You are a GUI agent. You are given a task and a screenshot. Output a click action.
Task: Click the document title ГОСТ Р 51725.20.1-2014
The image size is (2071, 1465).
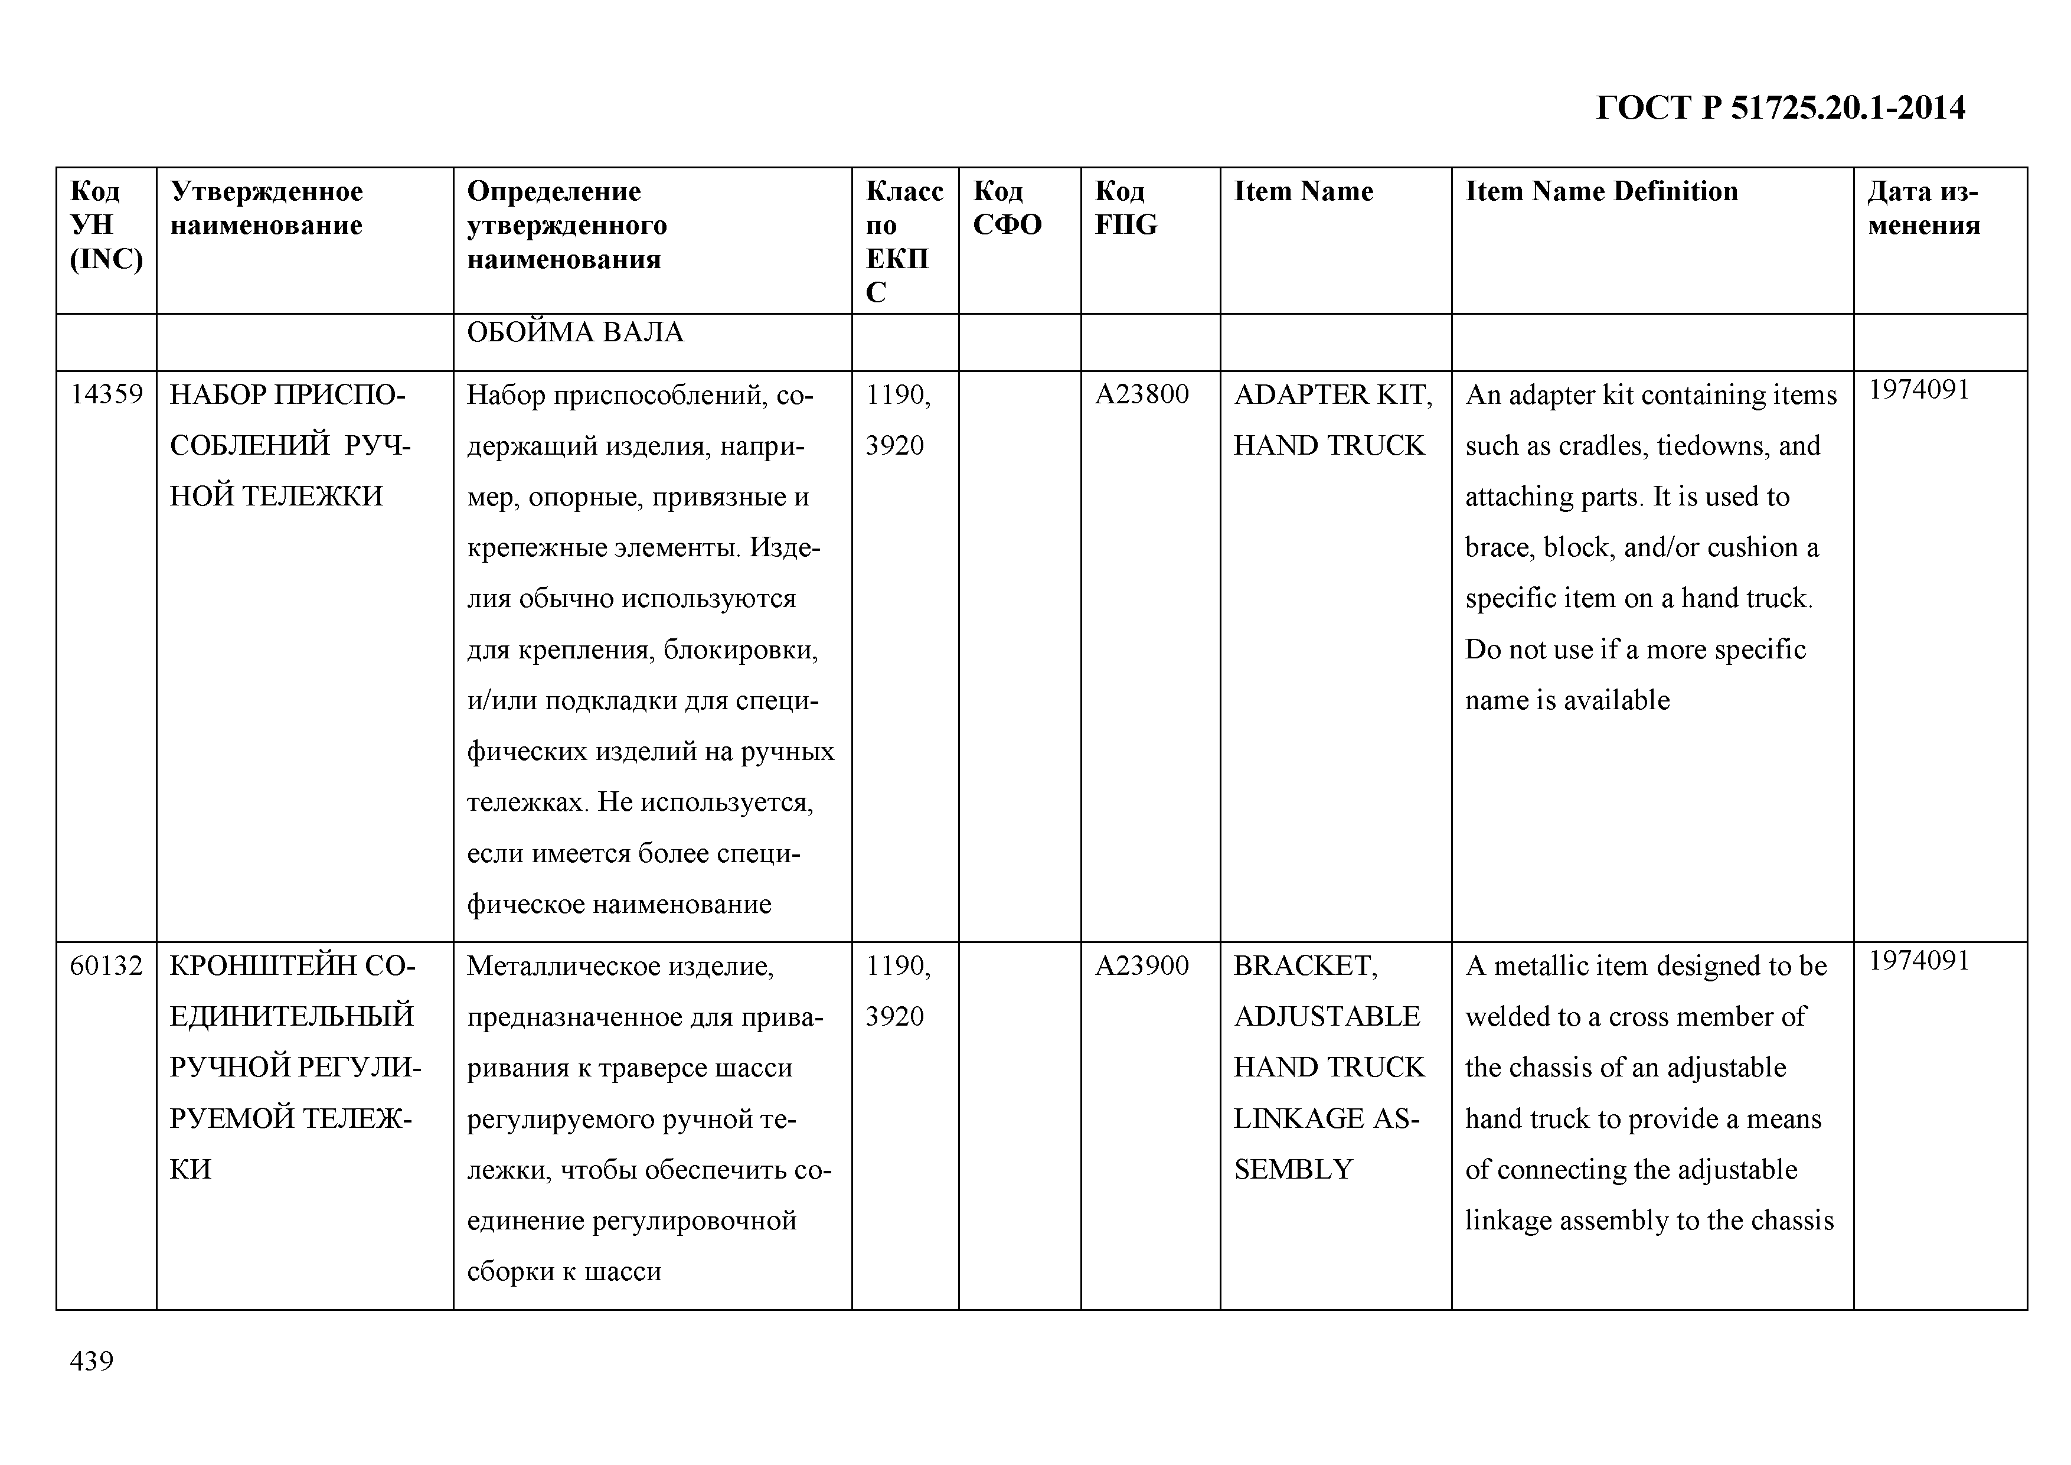point(1779,108)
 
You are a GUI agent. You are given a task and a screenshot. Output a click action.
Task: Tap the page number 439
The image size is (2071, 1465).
point(92,1360)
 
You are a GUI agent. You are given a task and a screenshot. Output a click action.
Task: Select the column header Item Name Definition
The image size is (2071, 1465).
point(1601,191)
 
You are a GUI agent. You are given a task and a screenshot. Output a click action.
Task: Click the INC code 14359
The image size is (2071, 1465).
point(106,395)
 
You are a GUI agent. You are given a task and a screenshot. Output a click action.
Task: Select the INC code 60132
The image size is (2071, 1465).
point(106,966)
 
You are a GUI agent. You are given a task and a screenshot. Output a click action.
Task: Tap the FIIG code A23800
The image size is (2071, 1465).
point(1142,395)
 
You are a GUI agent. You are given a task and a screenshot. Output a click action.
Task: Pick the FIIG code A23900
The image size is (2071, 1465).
point(1142,966)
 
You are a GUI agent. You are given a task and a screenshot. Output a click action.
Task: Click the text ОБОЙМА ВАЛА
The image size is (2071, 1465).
point(576,333)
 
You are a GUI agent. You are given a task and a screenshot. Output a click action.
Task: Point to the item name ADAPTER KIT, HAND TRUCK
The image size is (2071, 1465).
point(1331,420)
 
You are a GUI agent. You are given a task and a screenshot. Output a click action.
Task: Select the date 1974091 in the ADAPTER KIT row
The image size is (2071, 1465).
point(1919,390)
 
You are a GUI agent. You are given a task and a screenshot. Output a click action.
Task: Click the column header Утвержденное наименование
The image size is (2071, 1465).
point(267,207)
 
